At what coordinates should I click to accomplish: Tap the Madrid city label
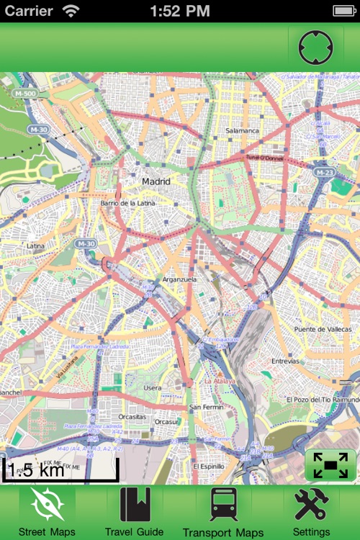click(x=156, y=181)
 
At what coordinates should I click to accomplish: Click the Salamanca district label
click(x=242, y=130)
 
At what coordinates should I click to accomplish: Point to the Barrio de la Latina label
click(x=129, y=204)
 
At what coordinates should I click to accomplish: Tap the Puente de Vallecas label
click(x=321, y=329)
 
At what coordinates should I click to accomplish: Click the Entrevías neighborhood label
click(x=285, y=361)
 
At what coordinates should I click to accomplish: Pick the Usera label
click(x=153, y=387)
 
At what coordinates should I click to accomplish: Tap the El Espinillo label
click(x=209, y=466)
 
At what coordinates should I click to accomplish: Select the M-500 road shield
click(x=24, y=94)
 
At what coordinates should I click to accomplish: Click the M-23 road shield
click(x=323, y=172)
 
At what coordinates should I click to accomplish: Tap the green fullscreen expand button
click(x=330, y=465)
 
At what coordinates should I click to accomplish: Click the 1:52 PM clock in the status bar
click(x=180, y=11)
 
